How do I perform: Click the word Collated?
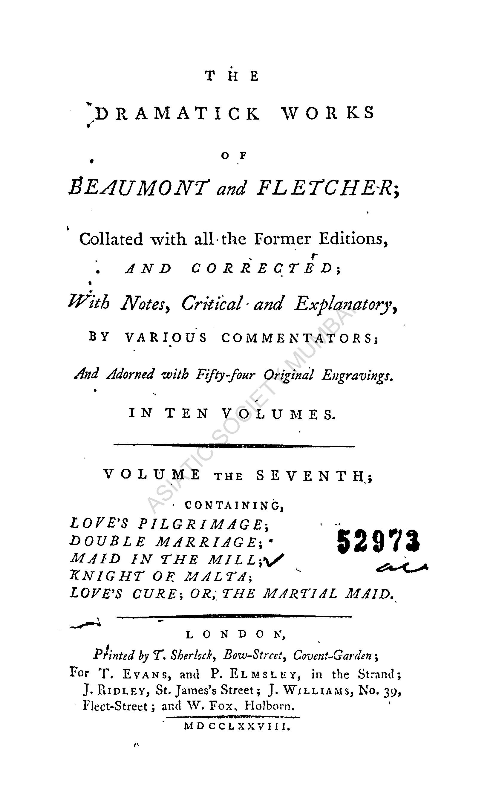(111, 239)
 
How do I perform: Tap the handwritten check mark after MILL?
(275, 561)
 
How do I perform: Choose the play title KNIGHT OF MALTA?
(160, 576)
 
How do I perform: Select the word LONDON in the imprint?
(235, 635)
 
